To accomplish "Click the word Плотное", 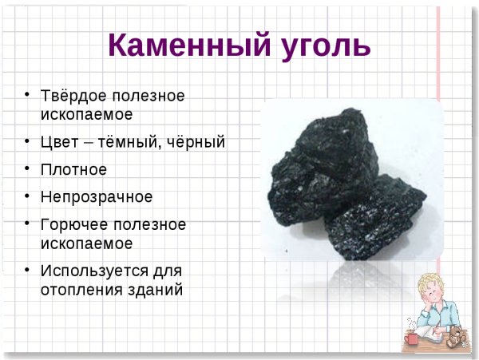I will tap(73, 169).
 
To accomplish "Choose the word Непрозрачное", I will tap(97, 196).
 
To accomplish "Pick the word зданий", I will tap(158, 289).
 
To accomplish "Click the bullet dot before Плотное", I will tap(28, 168).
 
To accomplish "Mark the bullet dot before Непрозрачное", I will tap(28, 196).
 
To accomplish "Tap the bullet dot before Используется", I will tap(28, 270).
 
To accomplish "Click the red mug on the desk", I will tap(412, 338).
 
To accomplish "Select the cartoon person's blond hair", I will tap(438, 283).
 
